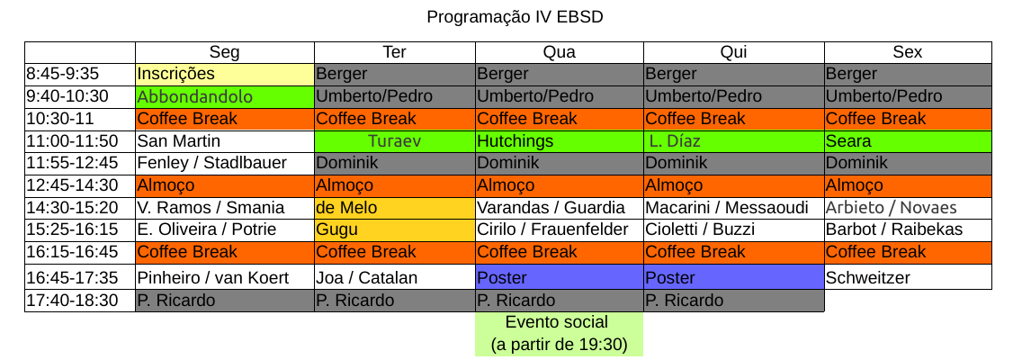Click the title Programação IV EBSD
[x=515, y=17]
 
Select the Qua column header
[x=560, y=52]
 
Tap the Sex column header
[x=908, y=52]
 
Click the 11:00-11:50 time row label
[x=80, y=141]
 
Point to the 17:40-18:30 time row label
[x=80, y=301]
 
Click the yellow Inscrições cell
[x=225, y=75]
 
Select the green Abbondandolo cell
[x=225, y=96]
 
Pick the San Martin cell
[x=225, y=141]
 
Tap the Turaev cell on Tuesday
[x=395, y=141]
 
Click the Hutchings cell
[x=560, y=141]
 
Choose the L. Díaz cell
[x=734, y=141]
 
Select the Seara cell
[x=908, y=141]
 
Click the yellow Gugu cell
[x=395, y=229]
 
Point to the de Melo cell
[x=395, y=208]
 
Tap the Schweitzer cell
[x=908, y=278]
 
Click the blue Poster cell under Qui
[x=734, y=278]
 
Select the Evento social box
[x=560, y=334]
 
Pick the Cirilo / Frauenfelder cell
[x=560, y=229]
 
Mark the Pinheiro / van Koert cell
[x=225, y=278]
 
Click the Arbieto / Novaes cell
[x=908, y=208]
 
